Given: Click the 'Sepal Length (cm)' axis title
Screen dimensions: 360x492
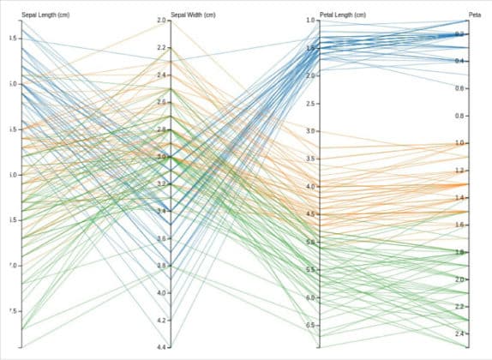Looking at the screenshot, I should (x=45, y=15).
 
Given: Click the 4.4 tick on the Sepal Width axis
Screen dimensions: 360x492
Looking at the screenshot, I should (x=162, y=347).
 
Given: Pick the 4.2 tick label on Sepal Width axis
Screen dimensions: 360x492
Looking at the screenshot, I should (x=162, y=320).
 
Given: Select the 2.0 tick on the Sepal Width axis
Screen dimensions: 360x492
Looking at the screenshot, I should (x=162, y=21).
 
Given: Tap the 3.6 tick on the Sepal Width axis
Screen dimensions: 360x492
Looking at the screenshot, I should (x=162, y=238).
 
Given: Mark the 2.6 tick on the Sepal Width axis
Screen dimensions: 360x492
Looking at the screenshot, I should (x=162, y=102).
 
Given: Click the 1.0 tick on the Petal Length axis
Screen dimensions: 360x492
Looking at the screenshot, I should (x=312, y=21).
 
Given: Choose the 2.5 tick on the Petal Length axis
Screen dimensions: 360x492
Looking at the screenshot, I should (x=312, y=103).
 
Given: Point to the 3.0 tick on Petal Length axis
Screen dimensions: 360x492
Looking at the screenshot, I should (x=312, y=131).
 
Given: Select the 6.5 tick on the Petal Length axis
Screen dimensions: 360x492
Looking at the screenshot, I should (x=312, y=325).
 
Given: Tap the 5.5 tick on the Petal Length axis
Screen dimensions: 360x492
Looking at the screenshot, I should (x=312, y=270).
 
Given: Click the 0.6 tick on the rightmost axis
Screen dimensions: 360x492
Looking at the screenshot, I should (x=459, y=88).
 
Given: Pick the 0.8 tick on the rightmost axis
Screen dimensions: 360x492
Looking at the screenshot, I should (x=459, y=116).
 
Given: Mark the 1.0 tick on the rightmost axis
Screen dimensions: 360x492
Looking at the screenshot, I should (x=459, y=143).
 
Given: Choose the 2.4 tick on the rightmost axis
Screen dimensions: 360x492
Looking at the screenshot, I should (x=459, y=333).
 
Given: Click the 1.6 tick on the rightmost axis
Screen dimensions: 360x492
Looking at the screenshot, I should (x=459, y=225).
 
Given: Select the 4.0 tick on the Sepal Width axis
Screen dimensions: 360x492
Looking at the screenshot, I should (x=162, y=292).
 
